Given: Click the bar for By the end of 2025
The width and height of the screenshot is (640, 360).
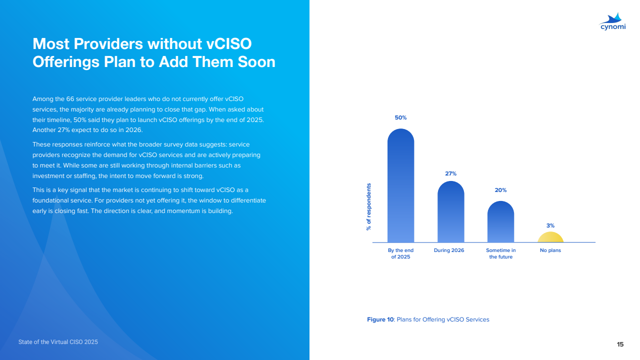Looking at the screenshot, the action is coord(400,185).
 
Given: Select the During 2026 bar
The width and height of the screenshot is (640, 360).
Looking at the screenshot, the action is coord(450,211).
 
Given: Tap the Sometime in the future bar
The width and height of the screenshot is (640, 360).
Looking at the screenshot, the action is coord(500,221).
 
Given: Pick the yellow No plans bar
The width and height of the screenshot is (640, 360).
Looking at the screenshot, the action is coord(550,237).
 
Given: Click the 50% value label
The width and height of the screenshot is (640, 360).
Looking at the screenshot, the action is coord(400,117).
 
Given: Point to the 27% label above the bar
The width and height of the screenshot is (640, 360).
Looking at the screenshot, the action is coord(450,173).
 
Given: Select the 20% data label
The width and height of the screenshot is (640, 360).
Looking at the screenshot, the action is coord(500,190).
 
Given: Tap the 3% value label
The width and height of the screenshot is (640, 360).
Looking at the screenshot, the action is coord(550,225).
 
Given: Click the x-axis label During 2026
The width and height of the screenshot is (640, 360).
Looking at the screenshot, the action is coord(449,250).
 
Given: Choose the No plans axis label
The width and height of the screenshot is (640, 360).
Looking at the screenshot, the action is coord(550,250).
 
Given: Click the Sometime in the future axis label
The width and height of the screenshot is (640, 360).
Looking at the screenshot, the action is coord(501,253).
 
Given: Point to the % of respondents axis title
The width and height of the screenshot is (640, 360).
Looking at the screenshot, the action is coord(368,207).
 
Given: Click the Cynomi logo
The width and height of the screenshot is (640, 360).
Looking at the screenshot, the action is coord(612,21).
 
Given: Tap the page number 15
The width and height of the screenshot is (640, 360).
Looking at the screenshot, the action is coord(620,344).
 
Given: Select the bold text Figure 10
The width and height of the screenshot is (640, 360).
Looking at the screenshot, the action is coord(380,319).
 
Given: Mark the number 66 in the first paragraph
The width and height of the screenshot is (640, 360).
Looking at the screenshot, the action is coord(70,99).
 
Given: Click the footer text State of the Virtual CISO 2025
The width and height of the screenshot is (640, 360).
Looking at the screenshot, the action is coord(58,342).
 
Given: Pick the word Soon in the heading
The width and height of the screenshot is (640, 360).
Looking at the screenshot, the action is coord(256,61).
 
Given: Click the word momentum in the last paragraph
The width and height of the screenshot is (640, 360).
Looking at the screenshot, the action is coord(181,211).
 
